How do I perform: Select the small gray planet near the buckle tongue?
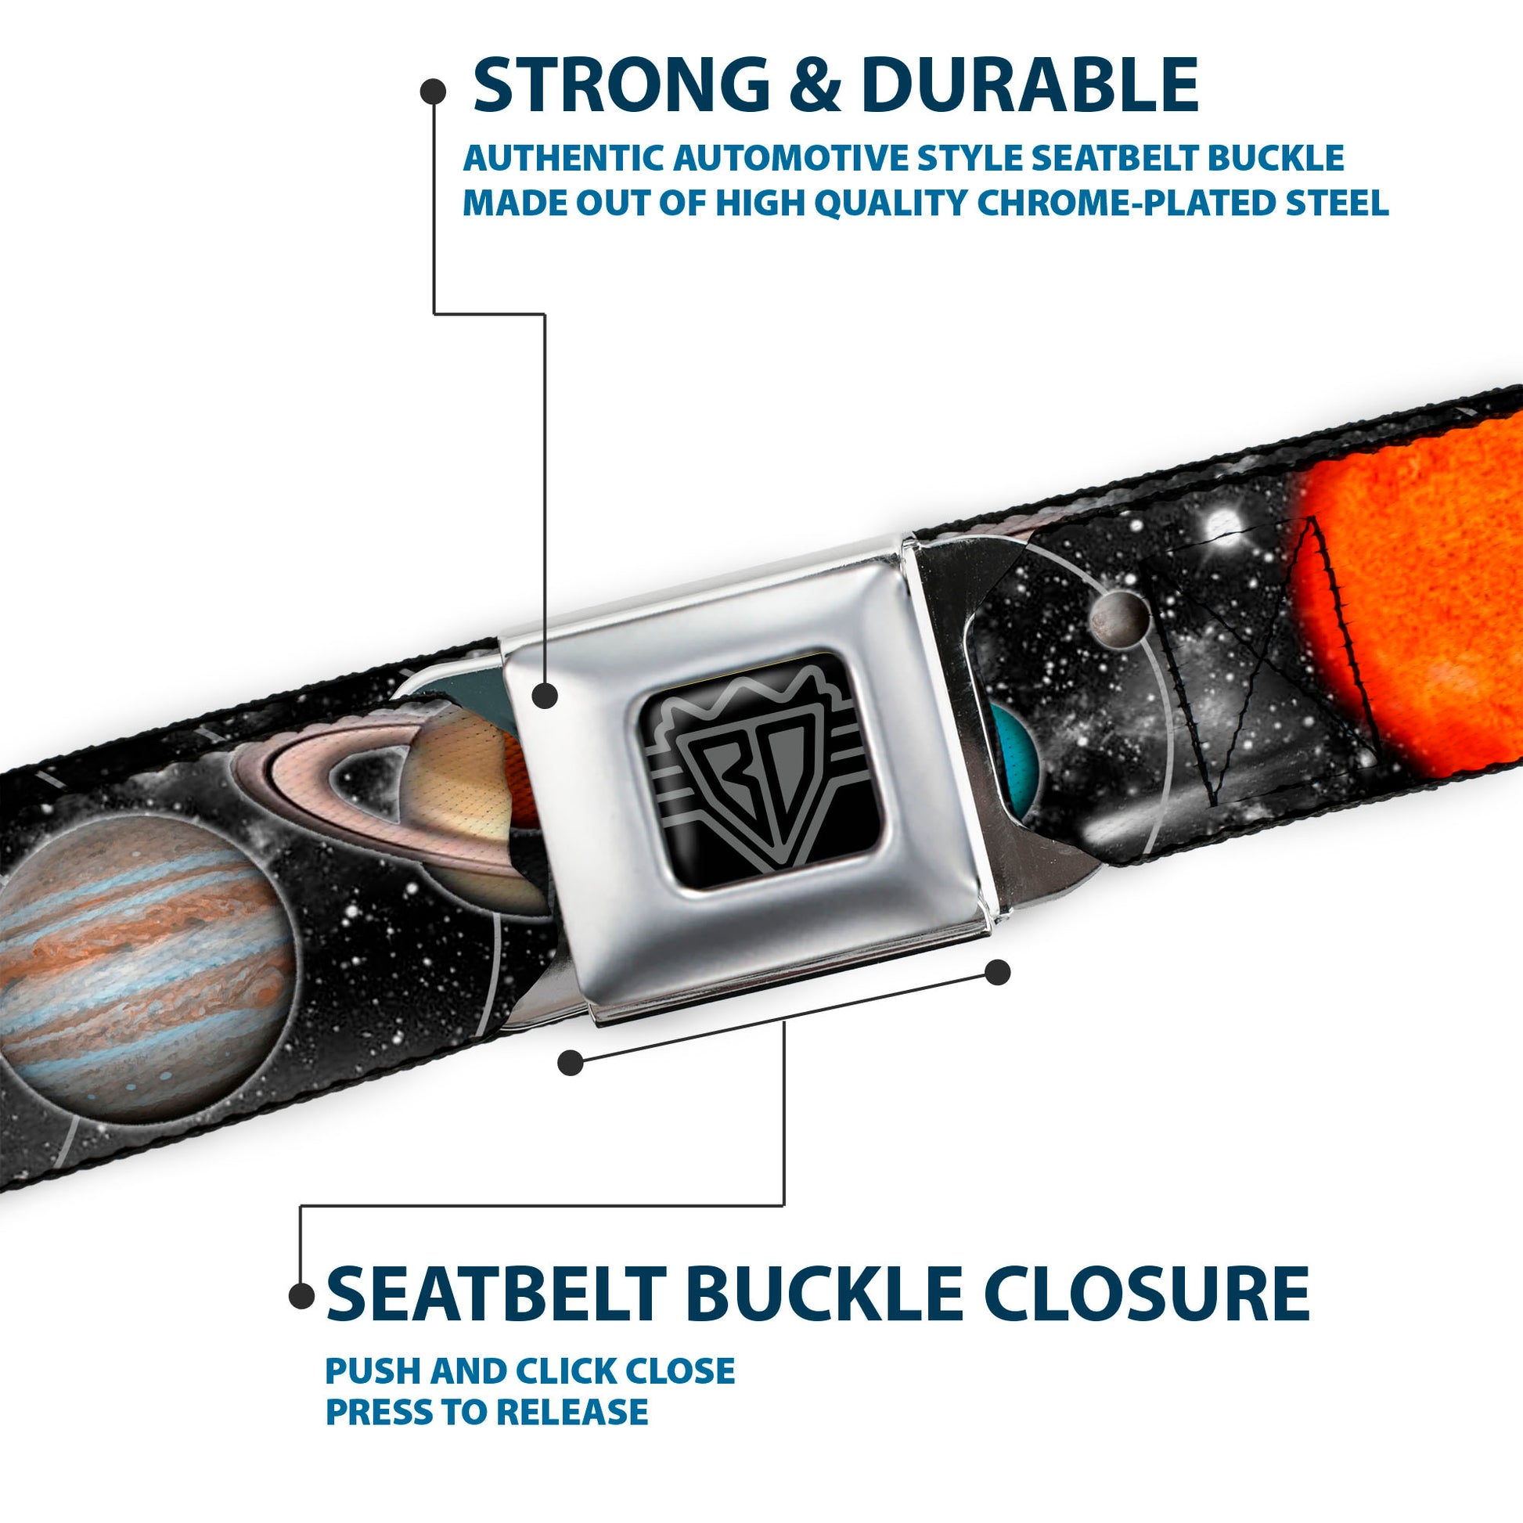1119,618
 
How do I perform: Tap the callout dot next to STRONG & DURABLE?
433,92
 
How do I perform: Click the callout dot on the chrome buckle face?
545,695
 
